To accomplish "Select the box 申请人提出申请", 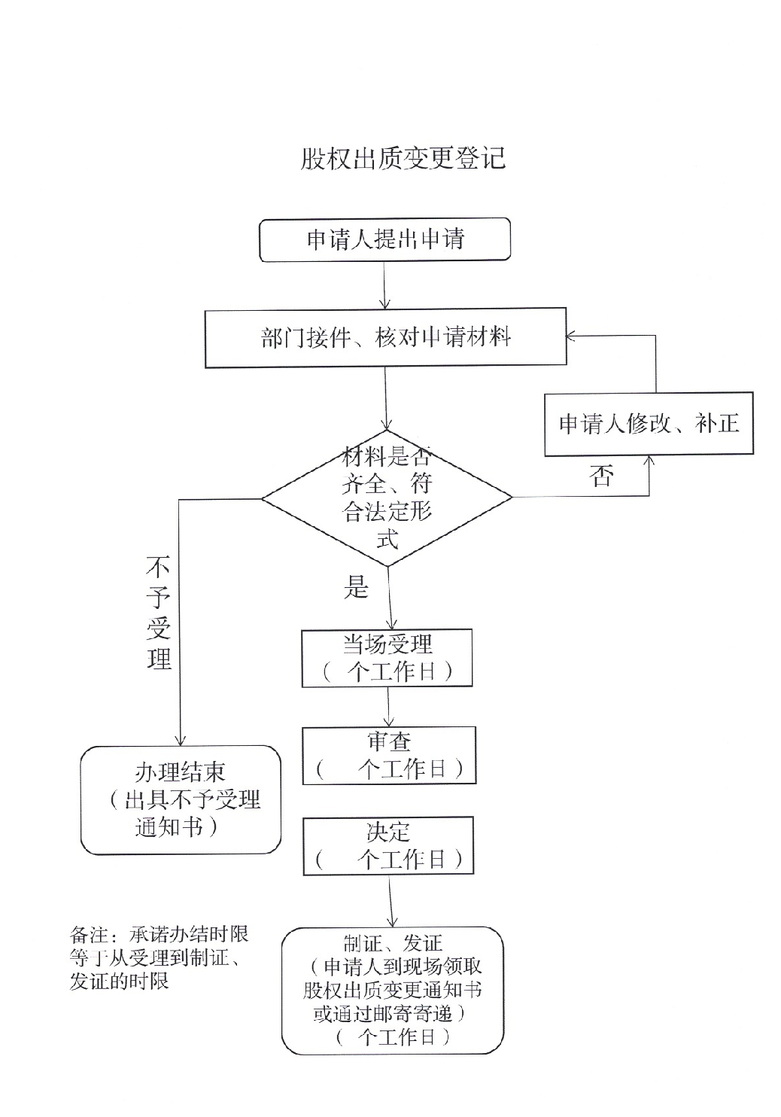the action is click(x=384, y=240).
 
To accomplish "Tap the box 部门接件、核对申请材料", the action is click(x=386, y=338).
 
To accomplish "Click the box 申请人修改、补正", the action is click(x=649, y=424).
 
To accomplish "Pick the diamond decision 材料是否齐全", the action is click(x=387, y=498).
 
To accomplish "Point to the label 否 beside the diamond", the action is click(x=601, y=475).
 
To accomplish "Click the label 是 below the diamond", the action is click(x=356, y=587).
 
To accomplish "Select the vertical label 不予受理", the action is click(x=159, y=613).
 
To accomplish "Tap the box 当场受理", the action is click(x=387, y=658).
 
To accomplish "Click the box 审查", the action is click(x=389, y=756).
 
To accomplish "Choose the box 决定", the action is click(x=388, y=845).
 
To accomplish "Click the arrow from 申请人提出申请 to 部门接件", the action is click(x=384, y=285).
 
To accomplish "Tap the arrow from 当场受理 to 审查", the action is click(x=388, y=707).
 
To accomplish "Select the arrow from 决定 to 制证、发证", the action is click(x=391, y=901).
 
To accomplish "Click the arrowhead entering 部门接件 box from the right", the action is click(x=570, y=336).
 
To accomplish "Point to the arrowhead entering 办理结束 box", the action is click(x=180, y=741).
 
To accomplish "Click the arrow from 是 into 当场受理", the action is click(x=390, y=598).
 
